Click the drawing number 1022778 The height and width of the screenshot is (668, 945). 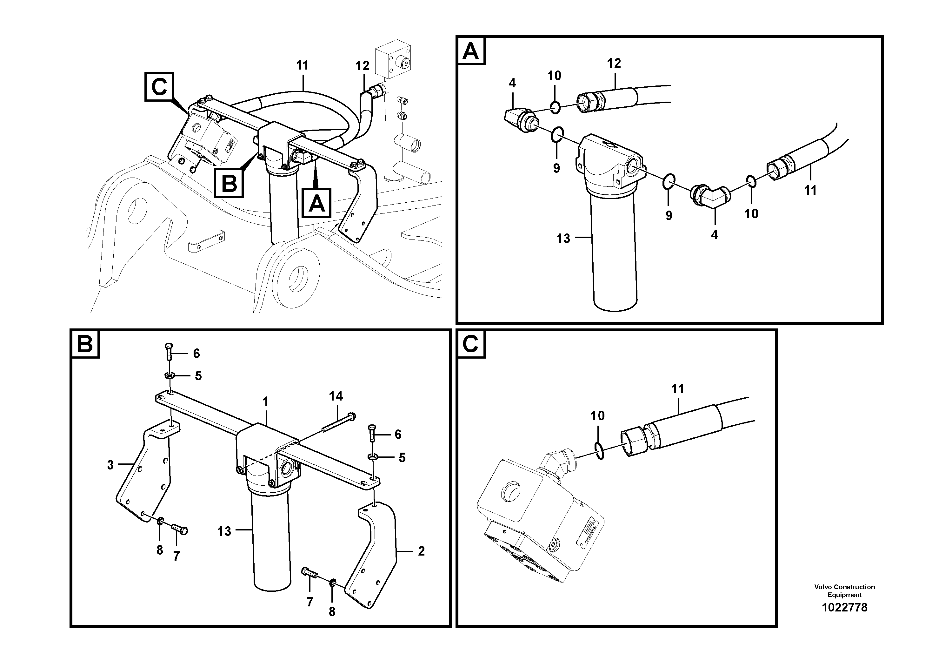click(x=844, y=607)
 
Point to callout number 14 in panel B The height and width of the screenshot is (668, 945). click(x=336, y=396)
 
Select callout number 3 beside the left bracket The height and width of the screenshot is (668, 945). click(x=110, y=465)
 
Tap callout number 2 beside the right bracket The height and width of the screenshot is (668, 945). click(x=421, y=551)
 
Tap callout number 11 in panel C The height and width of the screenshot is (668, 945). click(x=677, y=388)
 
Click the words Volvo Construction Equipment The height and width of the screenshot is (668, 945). click(x=844, y=590)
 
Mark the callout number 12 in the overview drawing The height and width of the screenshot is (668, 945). click(x=362, y=65)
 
